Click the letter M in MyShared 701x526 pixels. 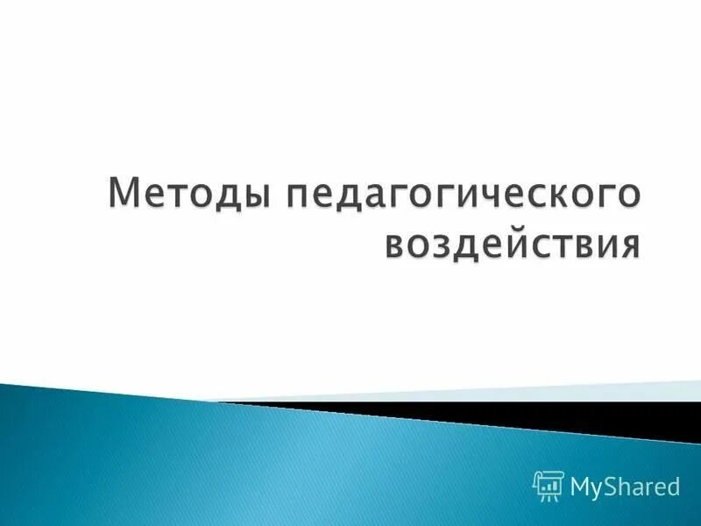click(579, 484)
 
